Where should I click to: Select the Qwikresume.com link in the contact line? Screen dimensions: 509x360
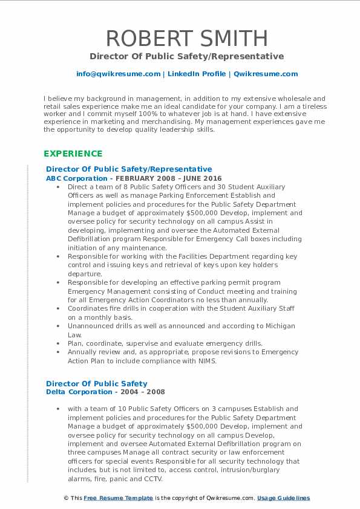tap(265, 74)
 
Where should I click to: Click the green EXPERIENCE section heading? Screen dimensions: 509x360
tap(73, 154)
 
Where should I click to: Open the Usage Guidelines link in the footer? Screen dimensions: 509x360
tap(283, 498)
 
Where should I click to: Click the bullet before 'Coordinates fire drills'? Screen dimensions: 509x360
tap(61, 309)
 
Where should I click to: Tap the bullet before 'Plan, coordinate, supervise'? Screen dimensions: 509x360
tap(61, 343)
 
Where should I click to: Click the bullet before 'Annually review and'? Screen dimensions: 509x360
tap(61, 352)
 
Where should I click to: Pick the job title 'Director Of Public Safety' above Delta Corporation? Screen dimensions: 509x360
tap(97, 383)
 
